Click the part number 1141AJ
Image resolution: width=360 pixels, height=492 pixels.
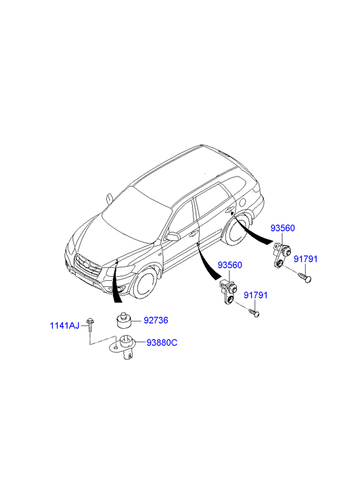(65, 326)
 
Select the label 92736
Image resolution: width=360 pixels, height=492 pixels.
(156, 320)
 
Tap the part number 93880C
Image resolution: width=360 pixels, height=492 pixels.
(162, 342)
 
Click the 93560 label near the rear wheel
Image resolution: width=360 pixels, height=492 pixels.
(283, 228)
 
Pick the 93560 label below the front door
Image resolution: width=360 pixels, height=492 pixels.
(230, 265)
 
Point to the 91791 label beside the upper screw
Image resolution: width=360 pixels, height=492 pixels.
(305, 259)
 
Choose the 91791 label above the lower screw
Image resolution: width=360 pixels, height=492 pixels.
(256, 295)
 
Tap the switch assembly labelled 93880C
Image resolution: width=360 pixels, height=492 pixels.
(125, 347)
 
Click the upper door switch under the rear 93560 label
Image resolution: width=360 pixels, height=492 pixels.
(281, 254)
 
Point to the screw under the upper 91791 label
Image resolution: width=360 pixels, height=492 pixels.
(305, 277)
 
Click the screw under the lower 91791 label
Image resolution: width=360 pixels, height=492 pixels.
(254, 313)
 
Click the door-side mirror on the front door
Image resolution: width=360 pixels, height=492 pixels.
(173, 237)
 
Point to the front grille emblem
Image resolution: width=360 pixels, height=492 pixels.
(86, 264)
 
